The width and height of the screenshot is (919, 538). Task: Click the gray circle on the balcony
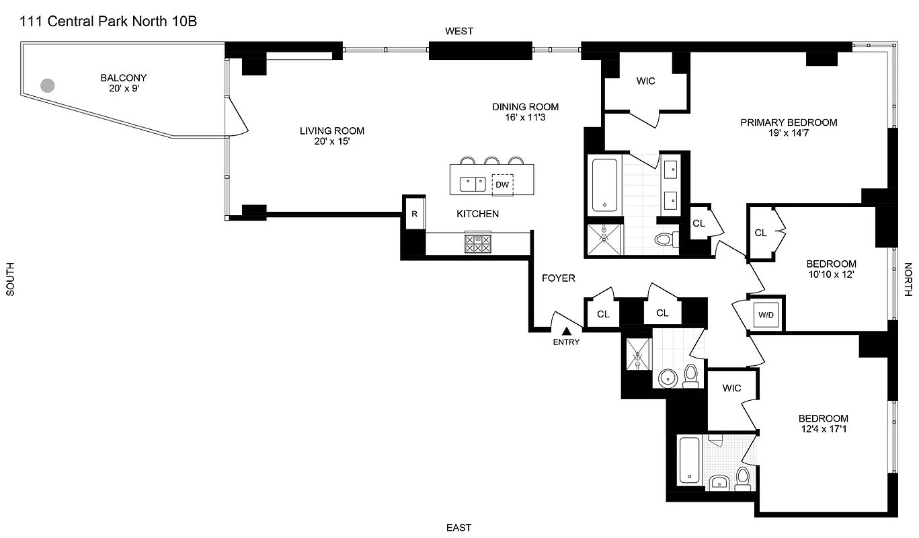(47, 85)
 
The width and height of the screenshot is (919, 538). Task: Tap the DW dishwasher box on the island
(502, 184)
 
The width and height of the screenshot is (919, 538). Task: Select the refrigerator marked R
(414, 214)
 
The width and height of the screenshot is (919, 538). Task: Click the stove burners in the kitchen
(477, 243)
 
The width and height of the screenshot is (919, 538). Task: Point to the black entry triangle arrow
(566, 330)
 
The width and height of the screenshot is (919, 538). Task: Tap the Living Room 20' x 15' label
(332, 136)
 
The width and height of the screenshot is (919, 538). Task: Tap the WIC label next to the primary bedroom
(645, 81)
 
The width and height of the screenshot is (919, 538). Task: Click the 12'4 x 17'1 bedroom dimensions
(823, 428)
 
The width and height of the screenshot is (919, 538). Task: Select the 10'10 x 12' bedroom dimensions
(831, 274)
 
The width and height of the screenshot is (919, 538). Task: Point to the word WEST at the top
(459, 31)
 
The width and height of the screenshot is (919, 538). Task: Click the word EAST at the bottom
(458, 527)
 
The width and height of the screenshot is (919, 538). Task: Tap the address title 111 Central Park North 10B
(108, 22)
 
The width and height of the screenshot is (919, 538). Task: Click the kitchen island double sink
(472, 184)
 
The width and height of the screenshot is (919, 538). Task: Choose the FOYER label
(559, 278)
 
